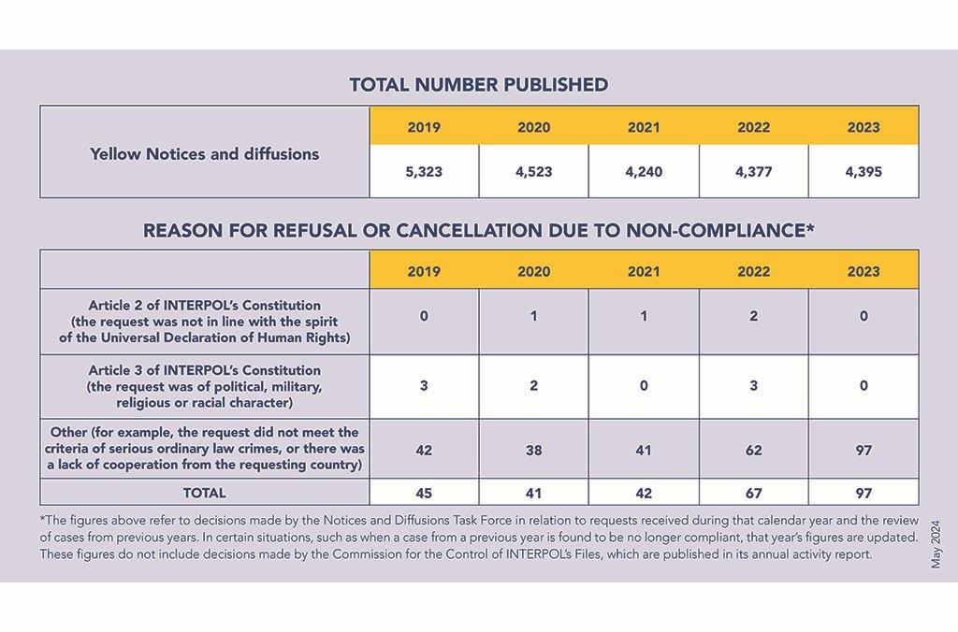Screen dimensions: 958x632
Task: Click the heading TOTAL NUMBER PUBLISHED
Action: point(479,84)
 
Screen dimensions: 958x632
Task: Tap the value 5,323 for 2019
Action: point(424,172)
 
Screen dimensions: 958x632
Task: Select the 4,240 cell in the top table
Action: point(644,172)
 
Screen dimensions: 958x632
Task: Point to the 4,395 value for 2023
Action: point(864,172)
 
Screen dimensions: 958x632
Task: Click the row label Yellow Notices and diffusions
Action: point(205,154)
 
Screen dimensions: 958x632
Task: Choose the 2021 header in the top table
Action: point(644,127)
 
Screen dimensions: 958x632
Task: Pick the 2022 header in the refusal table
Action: point(754,271)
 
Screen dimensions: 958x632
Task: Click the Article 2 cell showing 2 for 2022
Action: point(754,316)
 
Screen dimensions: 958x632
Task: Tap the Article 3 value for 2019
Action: point(424,385)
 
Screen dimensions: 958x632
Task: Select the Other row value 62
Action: point(754,450)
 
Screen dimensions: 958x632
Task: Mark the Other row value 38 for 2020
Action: point(534,450)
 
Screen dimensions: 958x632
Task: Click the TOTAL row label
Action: point(205,493)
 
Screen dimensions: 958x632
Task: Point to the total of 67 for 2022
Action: point(754,493)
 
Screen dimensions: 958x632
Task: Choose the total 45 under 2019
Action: point(424,493)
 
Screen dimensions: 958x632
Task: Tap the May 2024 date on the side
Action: point(936,545)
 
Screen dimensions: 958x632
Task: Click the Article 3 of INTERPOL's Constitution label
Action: point(205,370)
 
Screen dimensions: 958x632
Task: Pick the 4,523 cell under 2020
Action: point(534,172)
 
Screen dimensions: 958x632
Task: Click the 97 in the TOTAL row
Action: point(864,493)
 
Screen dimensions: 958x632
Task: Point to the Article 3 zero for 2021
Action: point(644,385)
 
